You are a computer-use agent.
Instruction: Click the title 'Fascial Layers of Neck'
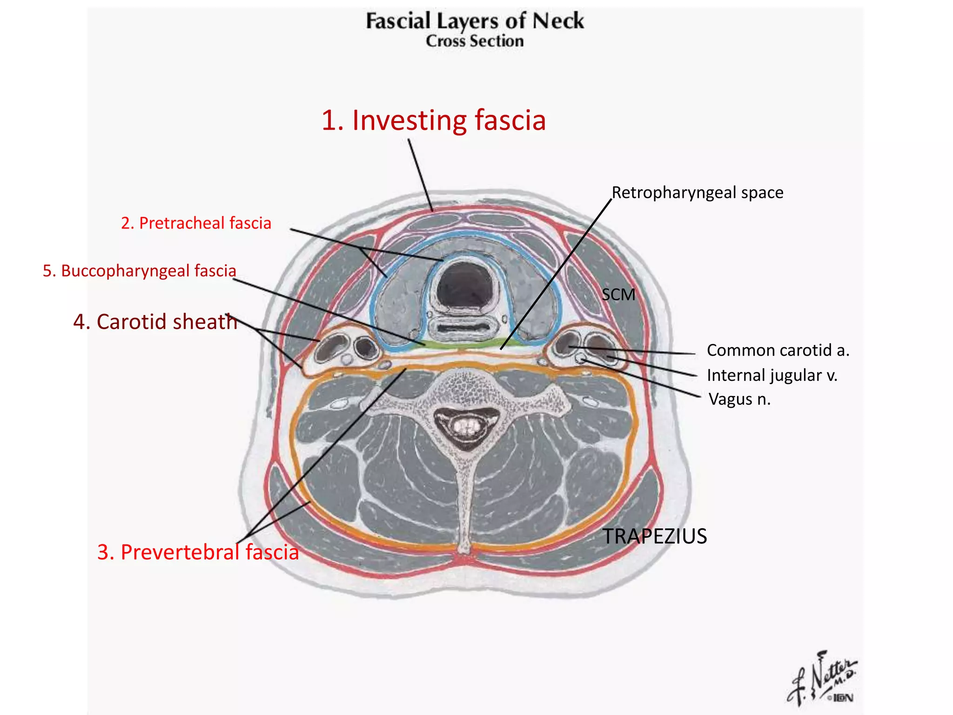coord(475,21)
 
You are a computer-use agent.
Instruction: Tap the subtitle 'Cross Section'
coord(475,41)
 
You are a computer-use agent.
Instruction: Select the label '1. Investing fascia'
coord(433,120)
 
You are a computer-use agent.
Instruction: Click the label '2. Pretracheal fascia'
coord(196,223)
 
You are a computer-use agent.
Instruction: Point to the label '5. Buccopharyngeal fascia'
coord(140,271)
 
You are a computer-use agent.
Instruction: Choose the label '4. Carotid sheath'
coord(155,322)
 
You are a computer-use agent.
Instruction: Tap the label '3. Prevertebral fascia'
coord(198,552)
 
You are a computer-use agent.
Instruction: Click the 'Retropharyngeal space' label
coord(697,193)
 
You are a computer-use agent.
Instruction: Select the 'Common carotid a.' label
coord(778,351)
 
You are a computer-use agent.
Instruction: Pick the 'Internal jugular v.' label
coord(772,375)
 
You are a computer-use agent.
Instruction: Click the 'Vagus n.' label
coord(739,399)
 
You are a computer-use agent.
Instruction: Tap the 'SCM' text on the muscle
coord(618,295)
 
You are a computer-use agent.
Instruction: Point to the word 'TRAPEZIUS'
coord(655,536)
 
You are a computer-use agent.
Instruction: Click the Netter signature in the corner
coord(822,680)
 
